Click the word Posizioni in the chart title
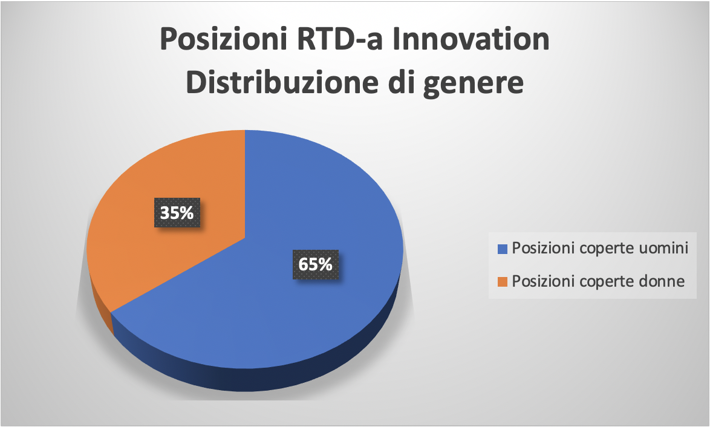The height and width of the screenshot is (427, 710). pos(224,39)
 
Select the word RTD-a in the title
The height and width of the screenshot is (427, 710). pos(340,39)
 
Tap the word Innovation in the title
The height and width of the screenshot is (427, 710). pos(471,39)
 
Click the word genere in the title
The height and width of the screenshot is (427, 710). pos(473,85)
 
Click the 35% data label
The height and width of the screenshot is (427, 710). pos(177,212)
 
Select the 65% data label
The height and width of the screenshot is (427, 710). pos(315,264)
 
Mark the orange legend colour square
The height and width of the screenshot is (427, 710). pos(502,282)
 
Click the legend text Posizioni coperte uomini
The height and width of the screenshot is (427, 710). pos(600,249)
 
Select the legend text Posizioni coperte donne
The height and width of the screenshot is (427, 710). pos(598,282)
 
